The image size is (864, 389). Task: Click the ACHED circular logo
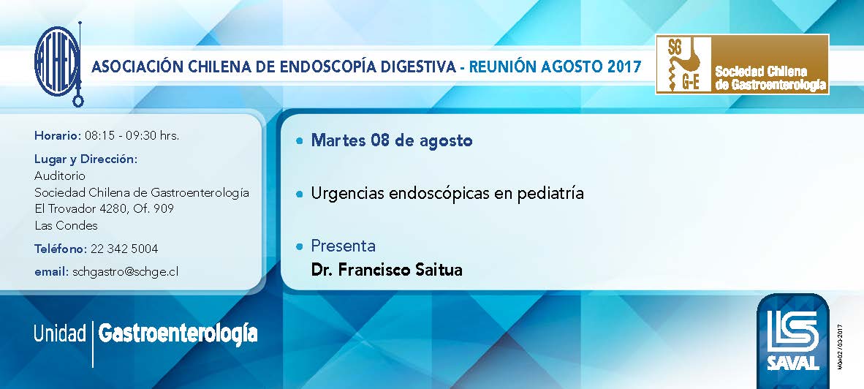click(57, 64)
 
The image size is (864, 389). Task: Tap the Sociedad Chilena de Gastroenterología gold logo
click(742, 64)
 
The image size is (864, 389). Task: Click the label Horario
click(58, 135)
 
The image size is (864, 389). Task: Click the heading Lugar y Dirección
click(86, 159)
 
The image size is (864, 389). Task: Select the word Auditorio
click(60, 175)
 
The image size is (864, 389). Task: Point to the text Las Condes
click(66, 225)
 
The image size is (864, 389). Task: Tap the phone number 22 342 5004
click(124, 249)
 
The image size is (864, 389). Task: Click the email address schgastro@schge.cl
click(126, 271)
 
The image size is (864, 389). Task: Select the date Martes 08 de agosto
click(392, 140)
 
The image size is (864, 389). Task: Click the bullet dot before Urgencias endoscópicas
click(299, 194)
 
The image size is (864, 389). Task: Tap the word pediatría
click(550, 194)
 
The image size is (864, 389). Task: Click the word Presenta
click(344, 245)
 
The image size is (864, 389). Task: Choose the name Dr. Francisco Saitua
click(387, 270)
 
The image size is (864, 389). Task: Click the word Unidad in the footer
click(59, 334)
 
